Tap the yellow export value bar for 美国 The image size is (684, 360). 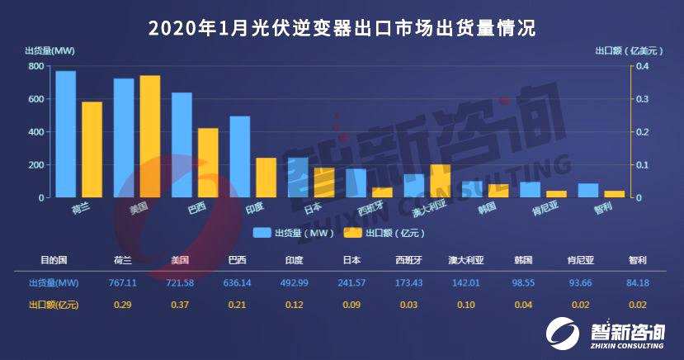(x=149, y=136)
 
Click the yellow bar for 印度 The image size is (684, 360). (x=266, y=178)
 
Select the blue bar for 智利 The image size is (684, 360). (x=588, y=191)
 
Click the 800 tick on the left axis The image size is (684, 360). (x=36, y=66)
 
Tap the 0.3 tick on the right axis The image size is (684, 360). (x=642, y=99)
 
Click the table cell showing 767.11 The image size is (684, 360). (x=123, y=283)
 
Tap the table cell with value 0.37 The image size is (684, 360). (x=180, y=306)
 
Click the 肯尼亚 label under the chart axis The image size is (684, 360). (x=535, y=208)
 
